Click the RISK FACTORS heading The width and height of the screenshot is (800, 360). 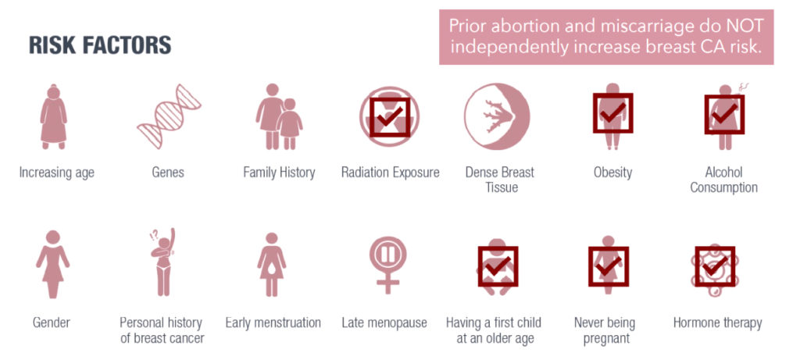[x=100, y=45]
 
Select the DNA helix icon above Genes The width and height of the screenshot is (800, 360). [x=169, y=116]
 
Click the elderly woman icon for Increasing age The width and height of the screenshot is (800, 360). [x=54, y=116]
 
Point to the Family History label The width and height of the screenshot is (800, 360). [x=279, y=173]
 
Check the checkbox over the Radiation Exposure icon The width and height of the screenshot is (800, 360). [x=390, y=117]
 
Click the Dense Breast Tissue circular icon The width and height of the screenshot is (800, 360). [x=497, y=116]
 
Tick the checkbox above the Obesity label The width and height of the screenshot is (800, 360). [x=612, y=112]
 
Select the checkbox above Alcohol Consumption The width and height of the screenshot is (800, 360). [x=724, y=114]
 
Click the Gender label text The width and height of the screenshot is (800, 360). [x=52, y=323]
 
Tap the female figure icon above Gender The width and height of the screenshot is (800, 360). [x=53, y=264]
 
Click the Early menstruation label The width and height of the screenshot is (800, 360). [x=273, y=323]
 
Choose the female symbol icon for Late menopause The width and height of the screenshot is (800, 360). [x=387, y=266]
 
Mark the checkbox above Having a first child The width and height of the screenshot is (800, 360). [x=498, y=266]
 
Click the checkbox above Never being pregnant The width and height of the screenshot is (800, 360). [x=609, y=266]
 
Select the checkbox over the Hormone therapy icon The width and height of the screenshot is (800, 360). [x=716, y=266]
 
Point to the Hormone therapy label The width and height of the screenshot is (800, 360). [x=717, y=323]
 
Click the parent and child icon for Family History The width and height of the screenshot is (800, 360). [x=279, y=116]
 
